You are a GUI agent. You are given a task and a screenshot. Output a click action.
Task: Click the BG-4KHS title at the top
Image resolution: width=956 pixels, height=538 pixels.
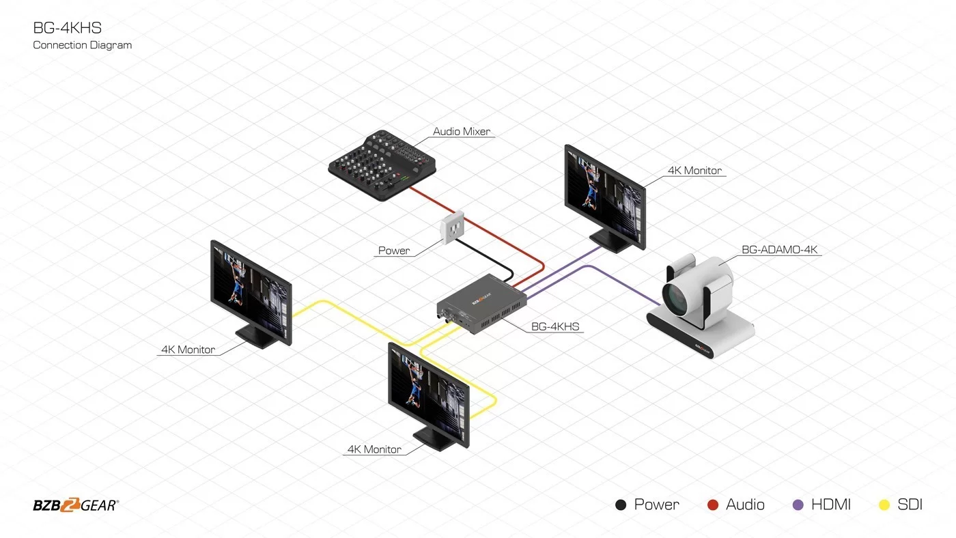click(68, 28)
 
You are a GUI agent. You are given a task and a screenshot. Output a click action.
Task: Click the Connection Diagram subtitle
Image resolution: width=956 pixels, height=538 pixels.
click(83, 45)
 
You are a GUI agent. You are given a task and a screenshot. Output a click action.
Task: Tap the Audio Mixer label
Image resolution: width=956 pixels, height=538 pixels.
click(462, 131)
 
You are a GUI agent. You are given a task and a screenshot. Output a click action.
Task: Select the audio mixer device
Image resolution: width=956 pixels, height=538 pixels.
click(382, 165)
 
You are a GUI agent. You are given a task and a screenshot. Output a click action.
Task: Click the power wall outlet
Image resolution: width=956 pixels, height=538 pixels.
click(452, 227)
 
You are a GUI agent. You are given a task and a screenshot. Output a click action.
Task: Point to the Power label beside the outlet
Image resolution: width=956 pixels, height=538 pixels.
click(393, 251)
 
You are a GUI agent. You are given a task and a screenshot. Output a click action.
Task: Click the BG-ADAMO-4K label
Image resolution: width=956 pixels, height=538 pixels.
click(779, 250)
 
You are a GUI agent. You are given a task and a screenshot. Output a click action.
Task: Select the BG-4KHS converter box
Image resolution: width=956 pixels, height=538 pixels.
click(481, 303)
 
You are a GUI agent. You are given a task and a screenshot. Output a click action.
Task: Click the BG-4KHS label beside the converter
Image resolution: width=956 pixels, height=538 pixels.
click(554, 326)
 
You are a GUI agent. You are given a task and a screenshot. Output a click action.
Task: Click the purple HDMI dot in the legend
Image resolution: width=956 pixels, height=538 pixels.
click(798, 505)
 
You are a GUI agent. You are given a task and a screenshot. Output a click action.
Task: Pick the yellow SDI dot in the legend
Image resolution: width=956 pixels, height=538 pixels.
click(884, 505)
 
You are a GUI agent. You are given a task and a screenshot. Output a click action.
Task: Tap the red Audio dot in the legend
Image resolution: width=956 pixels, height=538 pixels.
click(713, 505)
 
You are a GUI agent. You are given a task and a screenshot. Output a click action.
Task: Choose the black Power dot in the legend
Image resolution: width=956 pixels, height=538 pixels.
click(621, 505)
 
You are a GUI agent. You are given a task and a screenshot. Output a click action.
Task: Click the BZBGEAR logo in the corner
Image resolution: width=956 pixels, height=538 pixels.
click(76, 505)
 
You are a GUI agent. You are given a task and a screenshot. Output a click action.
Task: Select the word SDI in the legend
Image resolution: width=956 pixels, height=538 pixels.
click(910, 505)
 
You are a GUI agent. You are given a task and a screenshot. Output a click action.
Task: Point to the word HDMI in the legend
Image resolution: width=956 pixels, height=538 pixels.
click(830, 505)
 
